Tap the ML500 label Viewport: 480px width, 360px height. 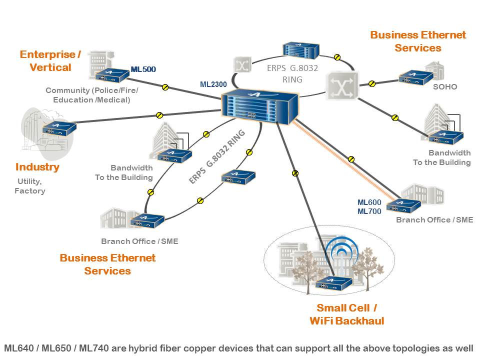click(143, 69)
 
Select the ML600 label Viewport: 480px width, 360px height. click(369, 202)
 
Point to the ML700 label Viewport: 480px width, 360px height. click(369, 211)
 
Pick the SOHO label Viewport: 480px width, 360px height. click(445, 86)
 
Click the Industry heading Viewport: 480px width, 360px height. click(37, 167)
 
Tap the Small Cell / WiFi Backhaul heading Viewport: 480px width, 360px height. click(346, 314)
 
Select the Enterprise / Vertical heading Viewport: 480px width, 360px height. click(50, 61)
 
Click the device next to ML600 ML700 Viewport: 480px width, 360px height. click(403, 205)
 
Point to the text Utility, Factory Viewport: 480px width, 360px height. click(29, 186)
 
